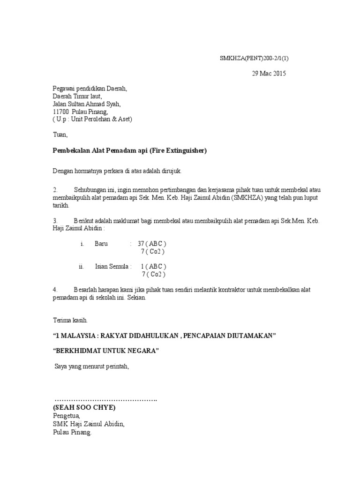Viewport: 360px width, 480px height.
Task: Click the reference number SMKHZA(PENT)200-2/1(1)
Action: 257,59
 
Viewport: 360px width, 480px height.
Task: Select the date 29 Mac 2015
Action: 269,74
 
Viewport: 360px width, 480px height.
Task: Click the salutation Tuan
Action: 60,135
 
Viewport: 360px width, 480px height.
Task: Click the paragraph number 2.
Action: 55,190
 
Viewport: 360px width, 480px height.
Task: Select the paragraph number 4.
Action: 55,290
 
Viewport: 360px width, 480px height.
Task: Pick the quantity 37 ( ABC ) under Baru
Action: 152,244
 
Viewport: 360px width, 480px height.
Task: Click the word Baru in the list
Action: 101,244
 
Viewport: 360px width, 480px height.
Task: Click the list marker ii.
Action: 82,267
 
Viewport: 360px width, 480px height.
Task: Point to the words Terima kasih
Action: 70,321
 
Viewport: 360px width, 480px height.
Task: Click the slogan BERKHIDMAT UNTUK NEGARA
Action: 106,351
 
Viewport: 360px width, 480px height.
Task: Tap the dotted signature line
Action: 106,400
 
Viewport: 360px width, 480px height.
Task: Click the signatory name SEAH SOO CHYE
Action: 84,407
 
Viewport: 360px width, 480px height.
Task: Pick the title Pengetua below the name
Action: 67,416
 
